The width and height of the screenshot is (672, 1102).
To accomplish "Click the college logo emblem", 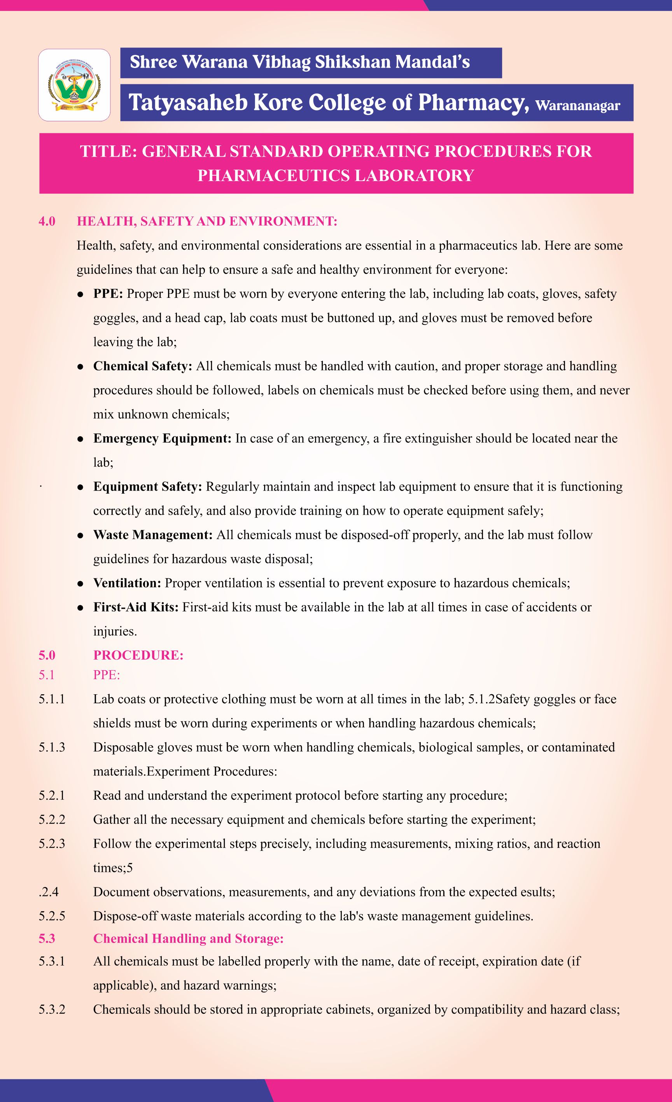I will (74, 85).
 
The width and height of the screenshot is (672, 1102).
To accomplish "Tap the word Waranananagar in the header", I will (577, 106).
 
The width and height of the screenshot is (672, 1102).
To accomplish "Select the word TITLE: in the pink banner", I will (108, 152).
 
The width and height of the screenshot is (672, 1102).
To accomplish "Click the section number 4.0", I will (47, 221).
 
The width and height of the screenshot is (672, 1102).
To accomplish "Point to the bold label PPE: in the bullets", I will (108, 294).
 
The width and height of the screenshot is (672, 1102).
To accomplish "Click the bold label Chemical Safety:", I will (142, 366).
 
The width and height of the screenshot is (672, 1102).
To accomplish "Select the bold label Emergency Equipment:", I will (162, 438).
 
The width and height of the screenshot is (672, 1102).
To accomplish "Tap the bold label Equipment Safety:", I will (148, 487).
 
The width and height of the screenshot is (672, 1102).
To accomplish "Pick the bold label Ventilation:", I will (127, 583).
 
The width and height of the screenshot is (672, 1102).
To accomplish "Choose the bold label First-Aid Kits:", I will (136, 607).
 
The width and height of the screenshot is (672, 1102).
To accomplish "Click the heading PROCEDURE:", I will (138, 655).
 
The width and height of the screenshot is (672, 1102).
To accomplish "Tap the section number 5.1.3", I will (52, 747).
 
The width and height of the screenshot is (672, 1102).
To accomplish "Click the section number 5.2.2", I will (52, 820).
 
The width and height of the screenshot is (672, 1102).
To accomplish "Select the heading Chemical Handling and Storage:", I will (188, 938).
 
